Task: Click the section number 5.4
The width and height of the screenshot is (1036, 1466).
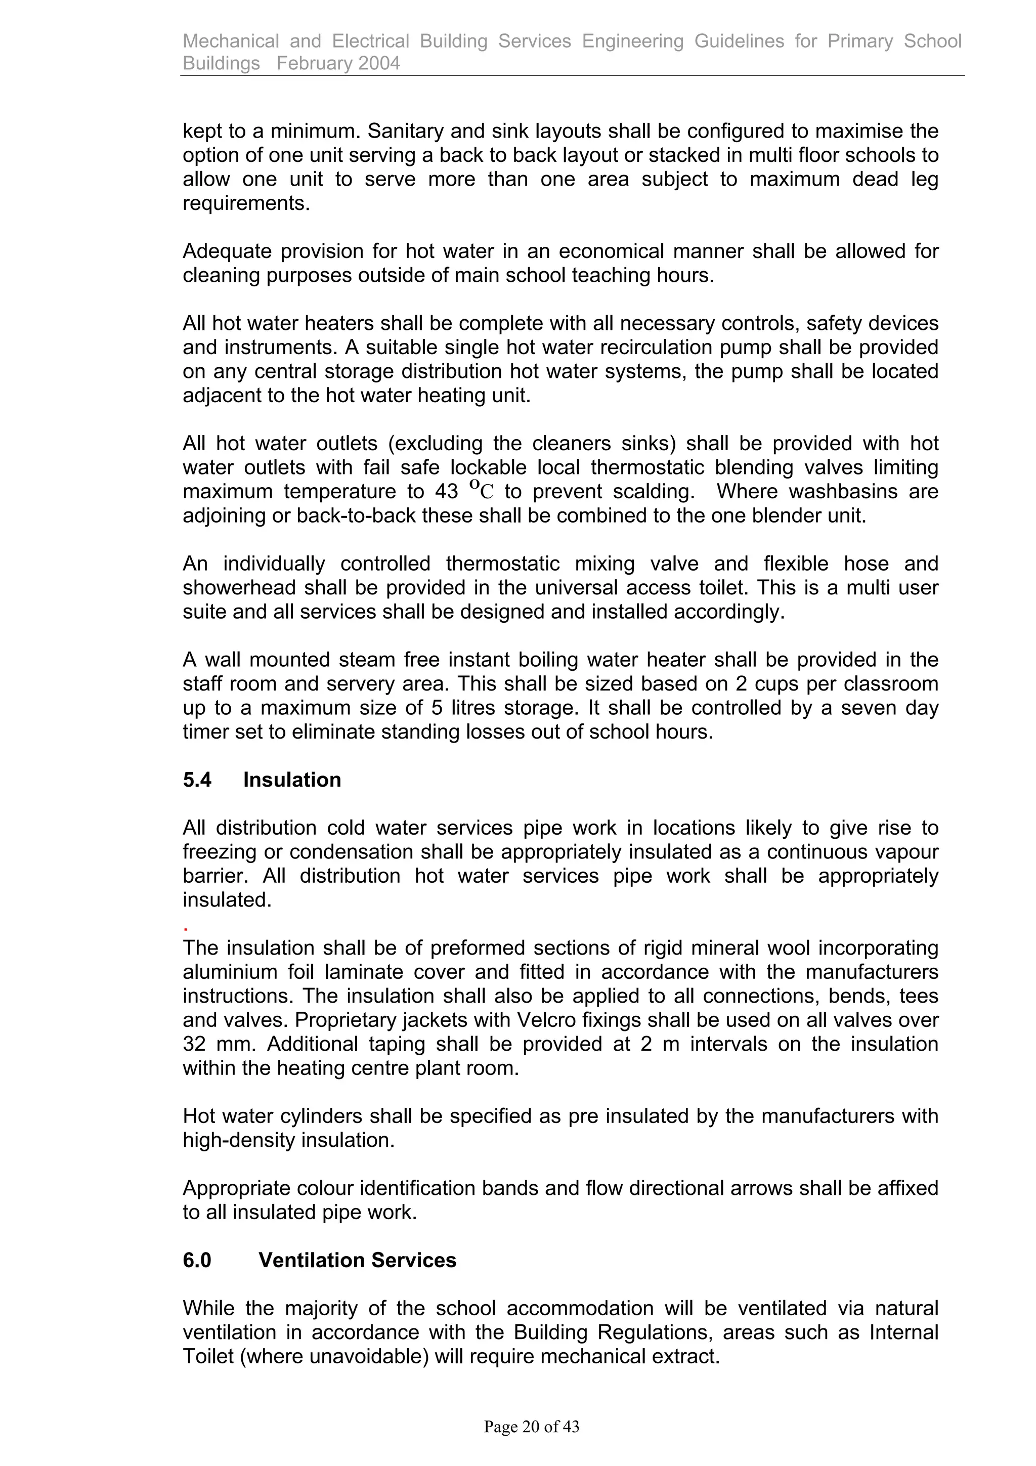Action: click(197, 780)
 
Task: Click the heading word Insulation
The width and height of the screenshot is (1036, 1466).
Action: click(292, 780)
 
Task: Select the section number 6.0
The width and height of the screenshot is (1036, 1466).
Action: click(197, 1260)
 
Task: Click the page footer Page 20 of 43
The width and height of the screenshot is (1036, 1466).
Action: click(531, 1427)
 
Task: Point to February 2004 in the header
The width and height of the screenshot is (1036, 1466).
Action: click(338, 63)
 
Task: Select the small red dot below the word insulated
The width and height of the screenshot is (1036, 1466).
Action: click(185, 930)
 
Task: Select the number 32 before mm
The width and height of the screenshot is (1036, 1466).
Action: click(193, 1044)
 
